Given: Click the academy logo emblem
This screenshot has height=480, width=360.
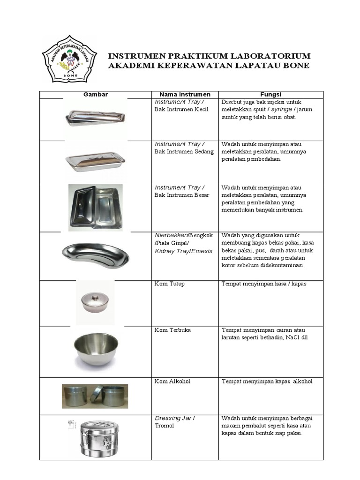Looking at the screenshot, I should coord(69,59).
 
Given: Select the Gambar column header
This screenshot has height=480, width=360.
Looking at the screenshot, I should coord(96,95).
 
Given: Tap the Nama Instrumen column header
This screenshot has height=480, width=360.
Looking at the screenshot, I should coord(185,95).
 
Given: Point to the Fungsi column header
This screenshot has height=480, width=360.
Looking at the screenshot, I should coord(270,95).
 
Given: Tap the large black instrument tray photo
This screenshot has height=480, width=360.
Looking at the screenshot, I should coord(96,207).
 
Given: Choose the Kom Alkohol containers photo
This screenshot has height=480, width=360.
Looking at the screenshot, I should coord(95,396).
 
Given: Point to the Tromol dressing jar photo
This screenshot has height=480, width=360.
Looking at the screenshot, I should coord(96,438).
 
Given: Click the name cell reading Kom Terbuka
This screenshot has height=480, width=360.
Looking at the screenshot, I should coord(172,330).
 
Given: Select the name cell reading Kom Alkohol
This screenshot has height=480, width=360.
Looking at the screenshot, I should coord(172,382).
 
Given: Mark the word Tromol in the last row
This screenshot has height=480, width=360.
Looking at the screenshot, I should coord(164,426).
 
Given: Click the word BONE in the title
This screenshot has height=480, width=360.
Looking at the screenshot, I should coord(296,66).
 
